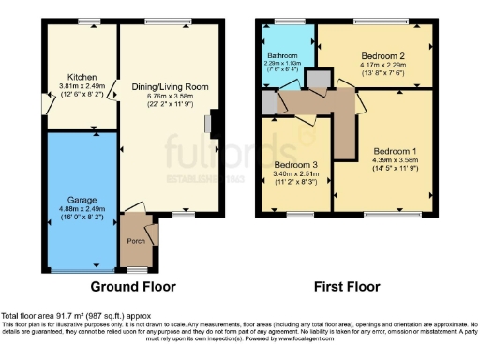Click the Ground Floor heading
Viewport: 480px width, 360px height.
click(x=132, y=286)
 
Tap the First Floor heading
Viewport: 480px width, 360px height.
click(x=349, y=286)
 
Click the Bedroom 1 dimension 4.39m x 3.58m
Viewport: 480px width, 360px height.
click(x=394, y=160)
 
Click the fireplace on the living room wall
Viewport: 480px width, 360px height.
click(x=215, y=125)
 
